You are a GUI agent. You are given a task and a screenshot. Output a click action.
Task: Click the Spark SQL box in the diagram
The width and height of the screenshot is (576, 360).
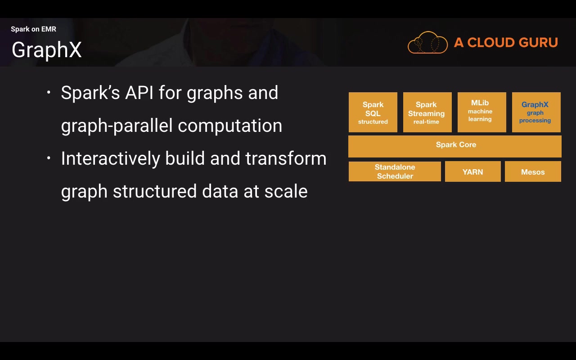(373, 112)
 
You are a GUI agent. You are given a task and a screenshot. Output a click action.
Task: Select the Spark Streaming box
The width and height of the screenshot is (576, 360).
(427, 112)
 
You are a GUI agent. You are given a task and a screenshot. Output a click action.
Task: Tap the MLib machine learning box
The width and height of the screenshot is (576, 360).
(481, 112)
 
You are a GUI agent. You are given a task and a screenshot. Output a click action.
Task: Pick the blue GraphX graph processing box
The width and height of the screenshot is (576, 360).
(536, 112)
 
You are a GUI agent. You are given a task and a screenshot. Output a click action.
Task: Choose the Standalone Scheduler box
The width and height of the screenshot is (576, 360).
(395, 171)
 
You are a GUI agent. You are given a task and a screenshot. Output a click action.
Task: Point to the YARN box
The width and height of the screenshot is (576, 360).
(472, 172)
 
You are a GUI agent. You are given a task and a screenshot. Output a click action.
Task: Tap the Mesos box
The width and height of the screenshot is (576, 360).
(533, 172)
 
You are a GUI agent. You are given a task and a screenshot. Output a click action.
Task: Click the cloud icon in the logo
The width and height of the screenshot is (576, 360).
(427, 43)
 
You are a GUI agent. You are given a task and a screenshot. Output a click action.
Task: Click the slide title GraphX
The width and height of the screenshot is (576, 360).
(47, 49)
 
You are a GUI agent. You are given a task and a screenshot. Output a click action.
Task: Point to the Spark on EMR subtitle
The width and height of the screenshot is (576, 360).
(33, 29)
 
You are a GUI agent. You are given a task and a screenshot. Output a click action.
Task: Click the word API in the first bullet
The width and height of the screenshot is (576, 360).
(139, 93)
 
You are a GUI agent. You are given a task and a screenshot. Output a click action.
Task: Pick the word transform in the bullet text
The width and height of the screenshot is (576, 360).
(286, 158)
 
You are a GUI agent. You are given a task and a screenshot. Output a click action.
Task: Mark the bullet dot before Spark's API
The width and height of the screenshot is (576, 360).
(49, 93)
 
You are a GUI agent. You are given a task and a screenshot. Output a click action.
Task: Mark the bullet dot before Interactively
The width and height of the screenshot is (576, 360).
(49, 158)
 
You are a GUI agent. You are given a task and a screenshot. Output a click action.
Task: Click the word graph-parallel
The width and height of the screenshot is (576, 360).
(117, 126)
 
